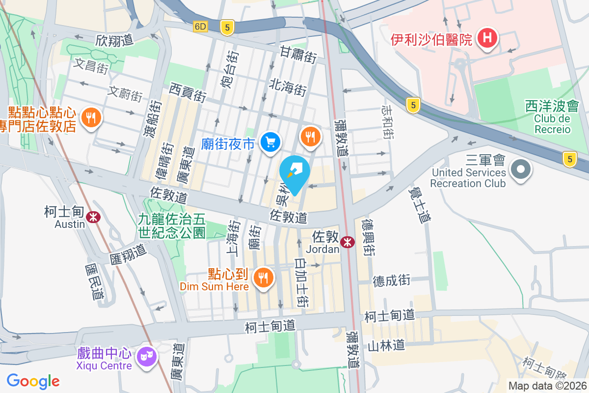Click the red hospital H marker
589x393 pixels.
tap(487, 38)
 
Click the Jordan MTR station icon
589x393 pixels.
tap(348, 242)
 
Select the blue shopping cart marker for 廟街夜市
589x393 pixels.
tap(270, 142)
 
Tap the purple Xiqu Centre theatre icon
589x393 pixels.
tap(147, 354)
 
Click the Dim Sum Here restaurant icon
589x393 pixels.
tap(264, 278)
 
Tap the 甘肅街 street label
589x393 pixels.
tap(298, 54)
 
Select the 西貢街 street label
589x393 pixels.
tap(187, 92)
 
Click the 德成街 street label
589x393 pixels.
tap(391, 281)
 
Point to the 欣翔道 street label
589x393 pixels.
tap(114, 40)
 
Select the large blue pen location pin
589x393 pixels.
tap(294, 173)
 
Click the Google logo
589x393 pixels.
tap(33, 381)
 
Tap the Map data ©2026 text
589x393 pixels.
tap(547, 386)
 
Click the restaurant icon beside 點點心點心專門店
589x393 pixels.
tap(91, 118)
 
